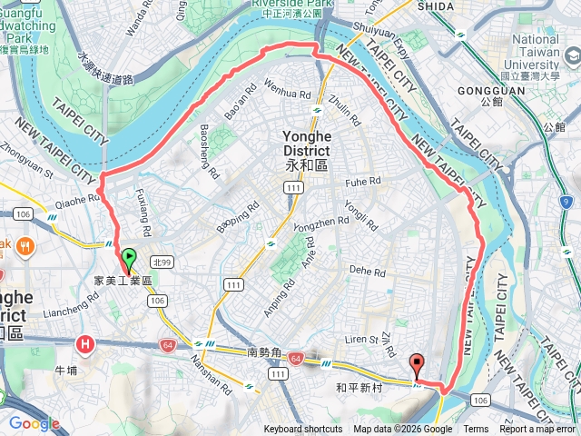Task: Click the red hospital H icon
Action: click(x=85, y=344)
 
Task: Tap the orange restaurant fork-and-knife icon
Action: click(x=23, y=245)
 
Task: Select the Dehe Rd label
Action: click(x=368, y=270)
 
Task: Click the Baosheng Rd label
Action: click(x=208, y=150)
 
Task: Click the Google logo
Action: click(x=34, y=423)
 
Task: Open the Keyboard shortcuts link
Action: click(x=303, y=430)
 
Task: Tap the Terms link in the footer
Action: click(x=476, y=430)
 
